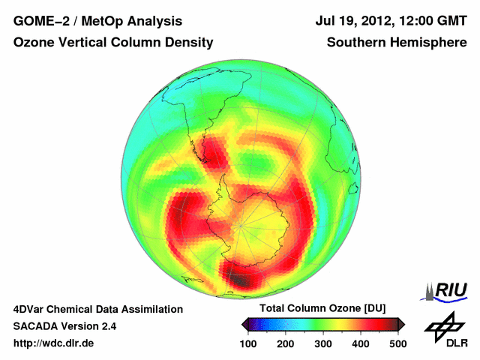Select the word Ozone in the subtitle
coord(32,43)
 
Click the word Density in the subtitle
coord(187,43)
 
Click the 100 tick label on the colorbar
coord(249,343)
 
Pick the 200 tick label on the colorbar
coord(286,343)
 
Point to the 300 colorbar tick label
coord(323,343)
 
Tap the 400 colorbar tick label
coord(360,343)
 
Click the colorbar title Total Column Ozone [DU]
coord(322,309)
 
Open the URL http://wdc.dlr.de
coord(54,343)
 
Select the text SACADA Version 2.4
coord(64,326)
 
